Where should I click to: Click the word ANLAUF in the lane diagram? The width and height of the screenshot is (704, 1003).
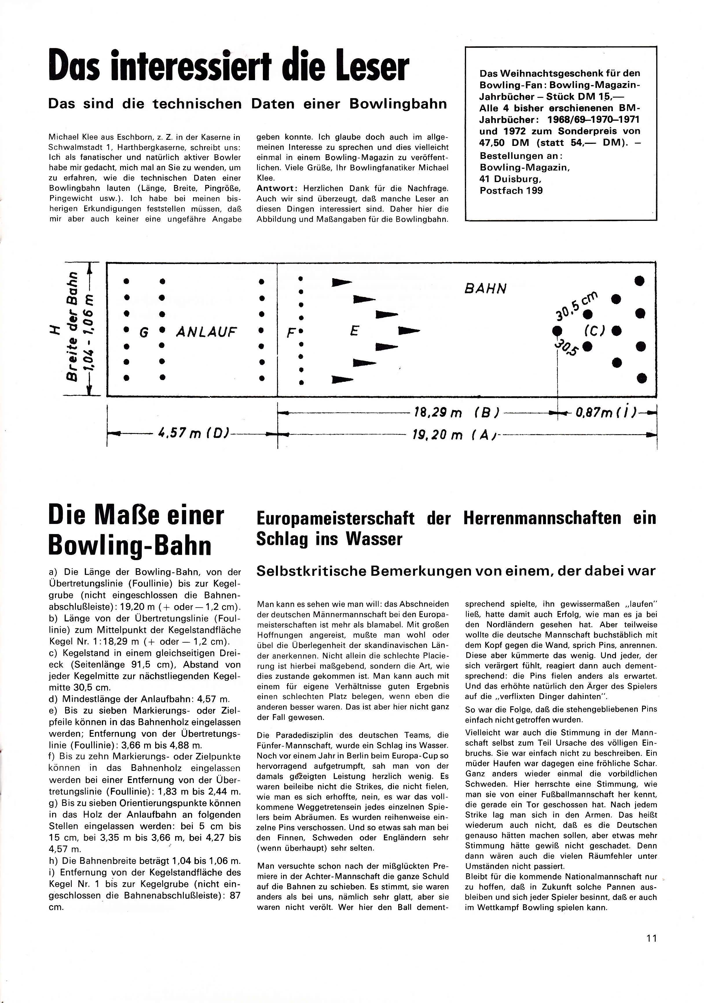(x=206, y=332)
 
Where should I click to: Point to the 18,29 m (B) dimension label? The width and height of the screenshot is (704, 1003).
(x=456, y=413)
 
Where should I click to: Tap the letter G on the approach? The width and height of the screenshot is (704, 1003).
(x=143, y=333)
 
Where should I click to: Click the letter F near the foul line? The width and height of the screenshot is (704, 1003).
(x=289, y=333)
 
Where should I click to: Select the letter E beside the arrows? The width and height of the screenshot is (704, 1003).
(x=354, y=331)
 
